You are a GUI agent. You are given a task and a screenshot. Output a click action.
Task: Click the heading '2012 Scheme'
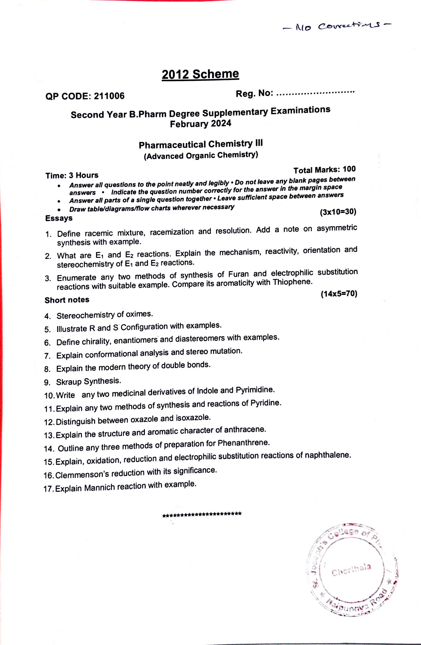pyautogui.click(x=200, y=74)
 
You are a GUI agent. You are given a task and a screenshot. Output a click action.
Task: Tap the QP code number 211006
pyautogui.click(x=109, y=96)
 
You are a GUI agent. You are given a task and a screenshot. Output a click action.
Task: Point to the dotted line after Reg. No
pyautogui.click(x=315, y=92)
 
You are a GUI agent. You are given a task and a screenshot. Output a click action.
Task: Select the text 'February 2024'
pyautogui.click(x=201, y=124)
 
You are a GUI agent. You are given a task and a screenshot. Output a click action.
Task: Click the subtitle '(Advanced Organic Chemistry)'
pyautogui.click(x=201, y=155)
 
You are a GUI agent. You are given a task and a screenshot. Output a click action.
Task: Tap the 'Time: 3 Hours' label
pyautogui.click(x=72, y=175)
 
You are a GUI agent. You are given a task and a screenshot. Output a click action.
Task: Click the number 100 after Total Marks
pyautogui.click(x=349, y=169)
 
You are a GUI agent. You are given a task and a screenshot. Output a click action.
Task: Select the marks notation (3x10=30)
pyautogui.click(x=338, y=212)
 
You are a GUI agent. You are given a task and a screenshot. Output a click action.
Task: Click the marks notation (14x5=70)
pyautogui.click(x=339, y=294)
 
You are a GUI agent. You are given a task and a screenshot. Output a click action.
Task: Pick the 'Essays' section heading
pyautogui.click(x=59, y=218)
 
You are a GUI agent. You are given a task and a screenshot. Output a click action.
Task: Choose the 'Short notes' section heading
pyautogui.click(x=67, y=300)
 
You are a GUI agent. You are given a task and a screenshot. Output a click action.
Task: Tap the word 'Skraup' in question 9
pyautogui.click(x=69, y=382)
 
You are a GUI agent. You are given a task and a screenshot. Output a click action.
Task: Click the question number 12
pyautogui.click(x=49, y=422)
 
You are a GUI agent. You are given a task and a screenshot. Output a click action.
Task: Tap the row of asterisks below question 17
pyautogui.click(x=202, y=514)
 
